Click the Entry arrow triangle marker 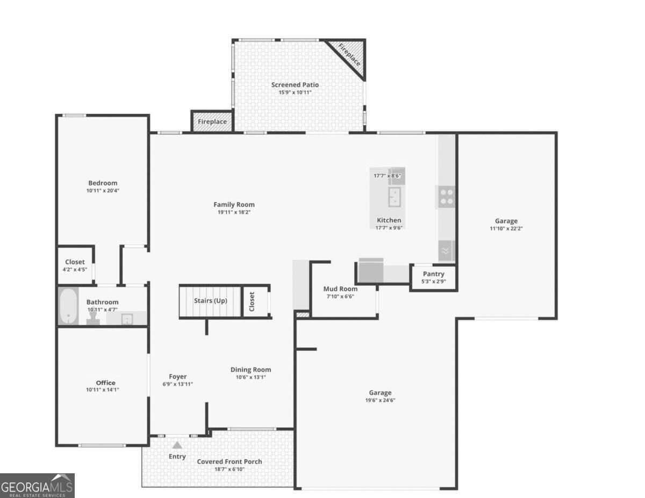pyautogui.click(x=177, y=445)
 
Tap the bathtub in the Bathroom pyautogui.click(x=69, y=306)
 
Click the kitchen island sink pyautogui.click(x=395, y=197)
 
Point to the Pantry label pyautogui.click(x=433, y=274)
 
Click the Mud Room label pyautogui.click(x=340, y=288)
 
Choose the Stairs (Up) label pyautogui.click(x=211, y=301)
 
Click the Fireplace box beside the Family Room pyautogui.click(x=212, y=121)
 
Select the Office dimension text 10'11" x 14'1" pyautogui.click(x=103, y=389)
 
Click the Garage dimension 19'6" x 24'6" pyautogui.click(x=380, y=400)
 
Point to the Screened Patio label pyautogui.click(x=295, y=85)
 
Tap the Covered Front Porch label pyautogui.click(x=230, y=461)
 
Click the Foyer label pyautogui.click(x=177, y=377)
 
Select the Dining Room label pyautogui.click(x=251, y=370)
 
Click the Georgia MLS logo pyautogui.click(x=37, y=486)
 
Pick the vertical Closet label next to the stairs pyautogui.click(x=252, y=302)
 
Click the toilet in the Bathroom pyautogui.click(x=92, y=318)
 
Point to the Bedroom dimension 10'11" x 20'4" pyautogui.click(x=103, y=191)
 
